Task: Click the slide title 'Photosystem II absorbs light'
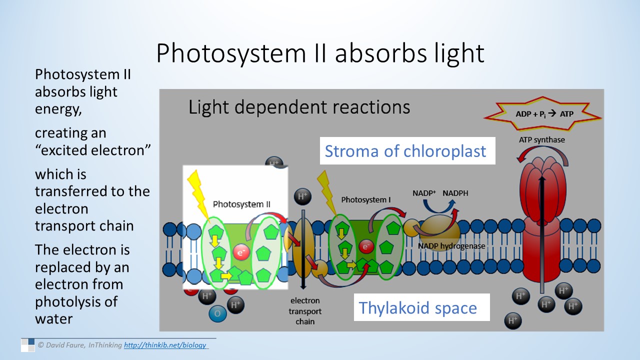[x=320, y=53]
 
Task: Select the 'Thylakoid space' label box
[x=417, y=307]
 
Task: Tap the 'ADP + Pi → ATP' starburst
[x=543, y=113]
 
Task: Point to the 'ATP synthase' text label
[x=541, y=139]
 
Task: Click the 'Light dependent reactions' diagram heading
[x=299, y=107]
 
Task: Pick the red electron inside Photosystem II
[x=241, y=251]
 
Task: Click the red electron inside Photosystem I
[x=366, y=246]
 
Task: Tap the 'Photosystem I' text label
[x=365, y=200]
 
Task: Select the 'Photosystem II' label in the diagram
[x=241, y=204]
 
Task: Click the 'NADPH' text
[x=455, y=193]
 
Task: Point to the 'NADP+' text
[x=425, y=193]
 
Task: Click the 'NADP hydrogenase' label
[x=451, y=246]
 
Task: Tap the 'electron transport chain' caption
[x=305, y=311]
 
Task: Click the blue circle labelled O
[x=217, y=313]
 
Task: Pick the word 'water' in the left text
[x=54, y=318]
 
